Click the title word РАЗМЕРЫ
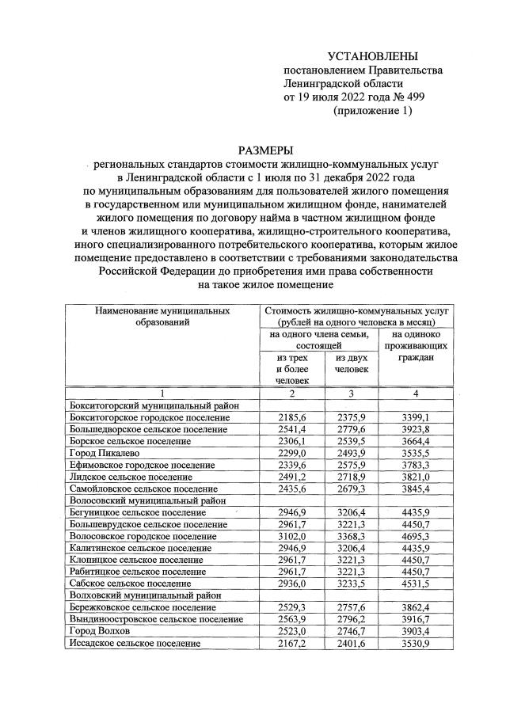coord(265,150)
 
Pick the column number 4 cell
coord(416,394)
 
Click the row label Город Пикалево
coord(104,453)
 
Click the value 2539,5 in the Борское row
coord(351,441)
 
